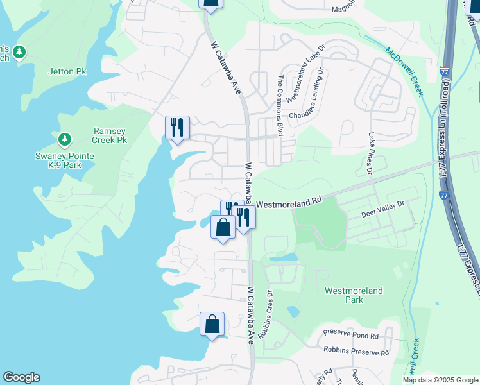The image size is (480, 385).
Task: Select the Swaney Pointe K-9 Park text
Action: point(64,160)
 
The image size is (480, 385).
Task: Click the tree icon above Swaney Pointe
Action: point(64,139)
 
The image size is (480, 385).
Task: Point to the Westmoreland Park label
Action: point(354,295)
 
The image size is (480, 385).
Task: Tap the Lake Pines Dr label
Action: point(370,153)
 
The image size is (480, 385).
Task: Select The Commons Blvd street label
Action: point(280,105)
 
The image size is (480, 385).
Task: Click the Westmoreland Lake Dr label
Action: point(303,80)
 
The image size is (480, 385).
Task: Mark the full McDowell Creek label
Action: point(405,71)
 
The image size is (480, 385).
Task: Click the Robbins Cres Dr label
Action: point(266,315)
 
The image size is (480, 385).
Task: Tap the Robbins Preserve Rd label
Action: point(356,352)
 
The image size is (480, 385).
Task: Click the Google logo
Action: point(21,377)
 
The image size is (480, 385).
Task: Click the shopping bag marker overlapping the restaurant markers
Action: point(222,228)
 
